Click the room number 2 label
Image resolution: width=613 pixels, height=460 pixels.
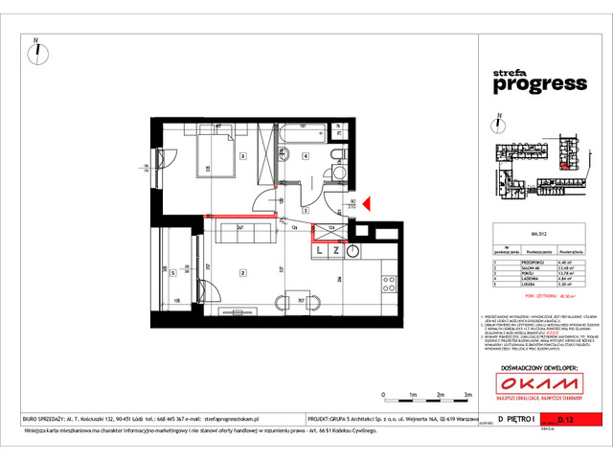[244, 272]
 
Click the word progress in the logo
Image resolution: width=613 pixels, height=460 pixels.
[539, 83]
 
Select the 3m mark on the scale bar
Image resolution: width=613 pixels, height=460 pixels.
[466, 394]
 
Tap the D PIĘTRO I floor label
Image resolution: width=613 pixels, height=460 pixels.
[518, 419]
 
